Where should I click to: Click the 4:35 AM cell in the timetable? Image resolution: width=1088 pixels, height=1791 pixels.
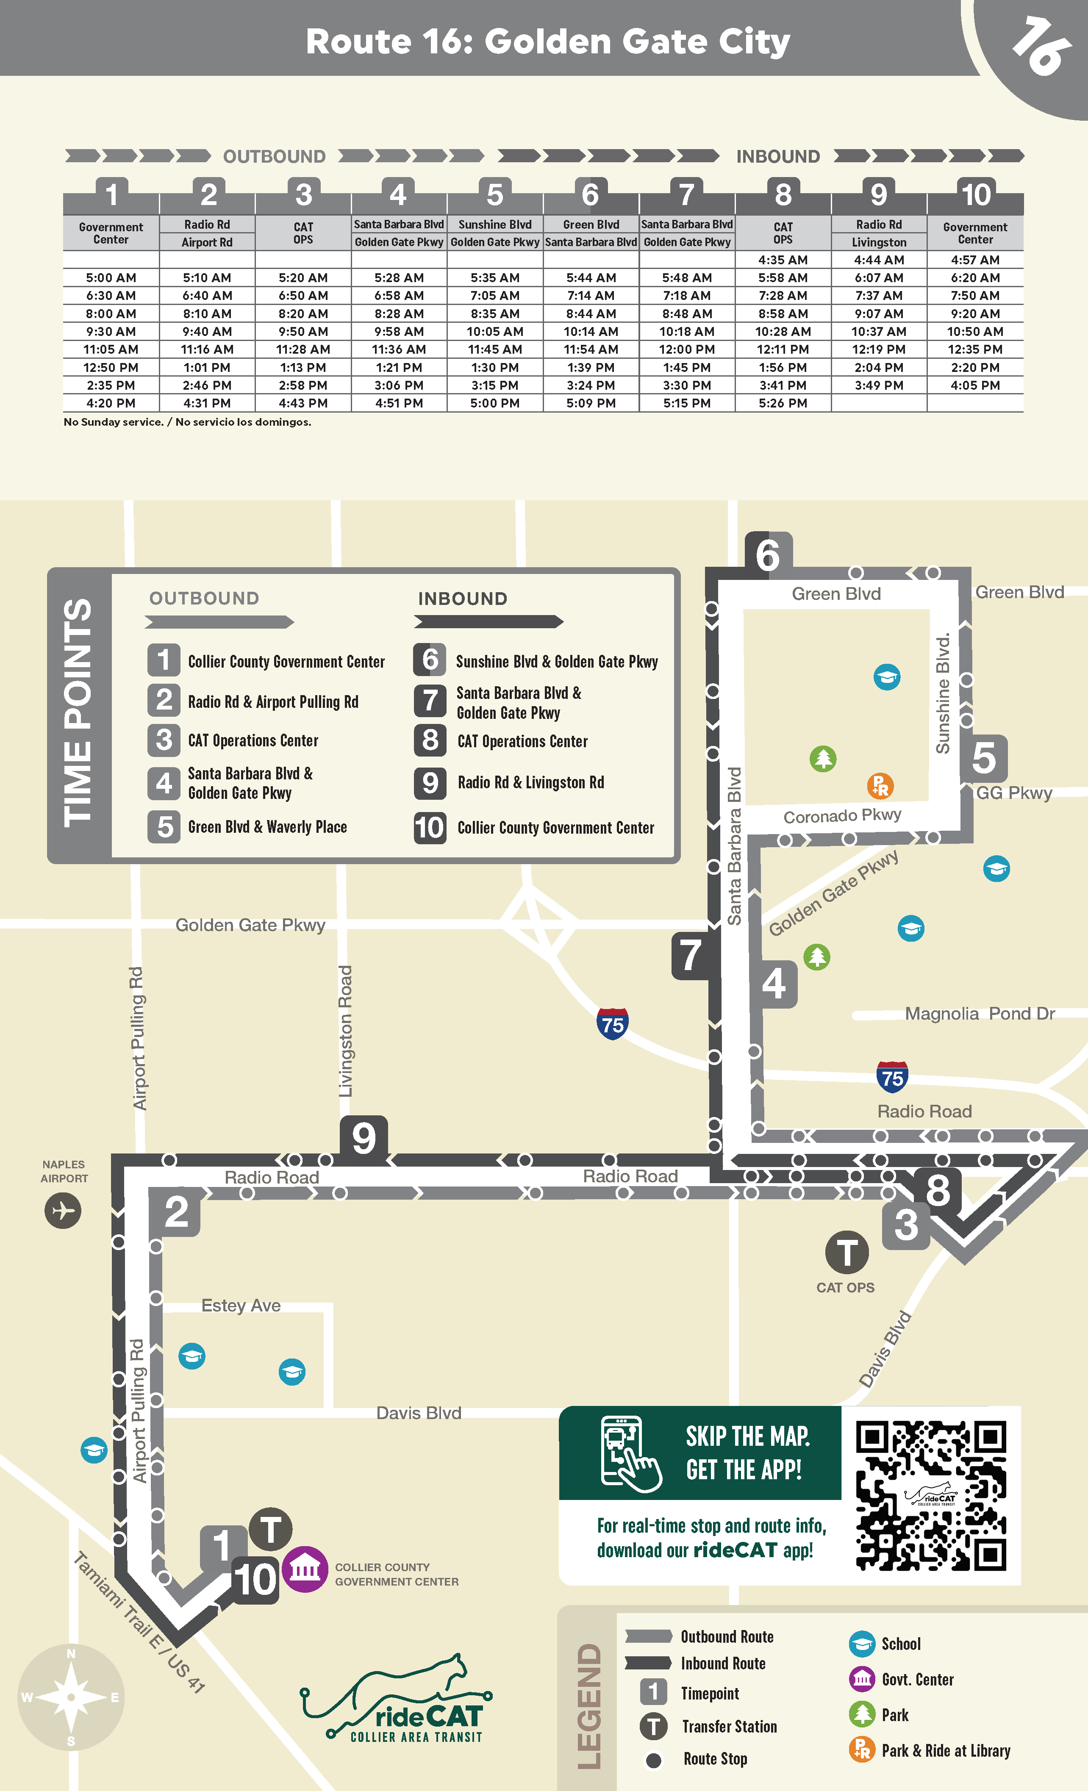pyautogui.click(x=783, y=260)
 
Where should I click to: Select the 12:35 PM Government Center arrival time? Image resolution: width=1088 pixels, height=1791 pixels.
pyautogui.click(x=974, y=349)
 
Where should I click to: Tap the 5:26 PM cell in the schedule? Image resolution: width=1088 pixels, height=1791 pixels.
pyautogui.click(x=783, y=403)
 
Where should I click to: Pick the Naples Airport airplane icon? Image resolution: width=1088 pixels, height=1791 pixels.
pyautogui.click(x=63, y=1210)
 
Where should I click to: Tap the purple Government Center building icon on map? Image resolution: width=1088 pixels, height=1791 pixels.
pyautogui.click(x=305, y=1569)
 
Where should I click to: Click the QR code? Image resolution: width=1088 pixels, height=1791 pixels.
pyautogui.click(x=931, y=1496)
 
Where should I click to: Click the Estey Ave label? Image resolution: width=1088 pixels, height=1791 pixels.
pyautogui.click(x=241, y=1306)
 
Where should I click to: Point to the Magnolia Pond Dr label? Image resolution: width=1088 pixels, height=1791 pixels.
pyautogui.click(x=979, y=1014)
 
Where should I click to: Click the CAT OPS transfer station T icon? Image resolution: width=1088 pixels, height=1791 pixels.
pyautogui.click(x=847, y=1253)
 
